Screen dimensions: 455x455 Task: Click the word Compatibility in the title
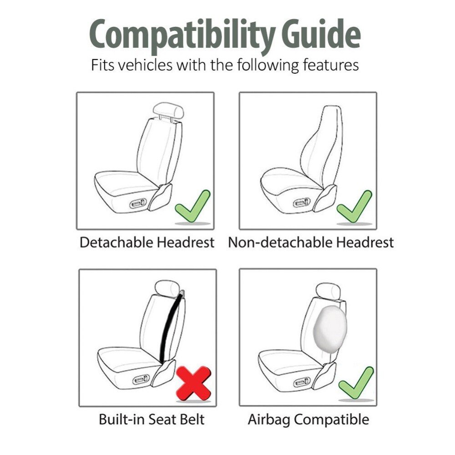click(182, 36)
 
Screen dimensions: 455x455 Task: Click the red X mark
click(193, 383)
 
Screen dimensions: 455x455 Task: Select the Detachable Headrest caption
click(147, 242)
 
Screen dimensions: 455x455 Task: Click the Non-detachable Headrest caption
click(311, 242)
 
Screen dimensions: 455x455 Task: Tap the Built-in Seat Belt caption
click(152, 419)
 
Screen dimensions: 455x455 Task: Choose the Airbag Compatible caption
click(308, 420)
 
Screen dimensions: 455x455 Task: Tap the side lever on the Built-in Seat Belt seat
click(141, 379)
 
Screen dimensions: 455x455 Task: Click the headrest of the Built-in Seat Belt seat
click(167, 288)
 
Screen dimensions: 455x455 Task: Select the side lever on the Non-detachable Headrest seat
click(302, 202)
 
